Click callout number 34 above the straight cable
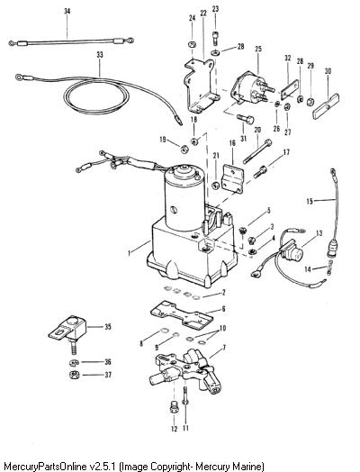[67, 12]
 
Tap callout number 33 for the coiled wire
[100, 55]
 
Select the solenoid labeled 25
[252, 87]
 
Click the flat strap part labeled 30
[326, 106]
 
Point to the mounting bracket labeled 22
[200, 86]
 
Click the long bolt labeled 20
[257, 151]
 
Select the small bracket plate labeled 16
[233, 179]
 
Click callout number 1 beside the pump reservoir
[130, 253]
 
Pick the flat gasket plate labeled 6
[182, 315]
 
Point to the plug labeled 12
[174, 406]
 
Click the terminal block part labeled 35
[67, 331]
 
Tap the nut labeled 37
[74, 375]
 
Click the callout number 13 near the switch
[319, 233]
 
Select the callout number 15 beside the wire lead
[310, 201]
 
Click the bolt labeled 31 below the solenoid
[246, 120]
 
